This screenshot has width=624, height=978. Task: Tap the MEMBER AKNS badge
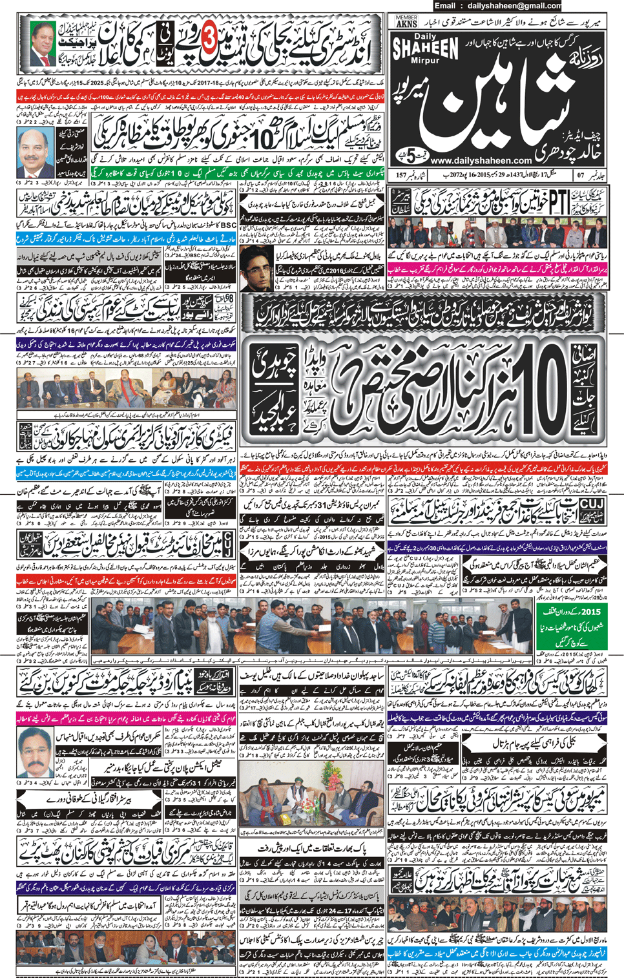pos(406,21)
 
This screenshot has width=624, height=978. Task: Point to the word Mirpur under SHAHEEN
pos(425,61)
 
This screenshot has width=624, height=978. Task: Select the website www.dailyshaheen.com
pos(481,160)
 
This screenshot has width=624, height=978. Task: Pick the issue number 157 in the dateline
pos(402,175)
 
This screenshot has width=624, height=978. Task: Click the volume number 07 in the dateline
pos(581,175)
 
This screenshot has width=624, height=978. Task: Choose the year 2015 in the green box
pos(589,611)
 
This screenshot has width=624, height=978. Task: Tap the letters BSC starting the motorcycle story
pos(228,225)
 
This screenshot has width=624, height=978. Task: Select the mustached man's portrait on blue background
pos(36,152)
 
